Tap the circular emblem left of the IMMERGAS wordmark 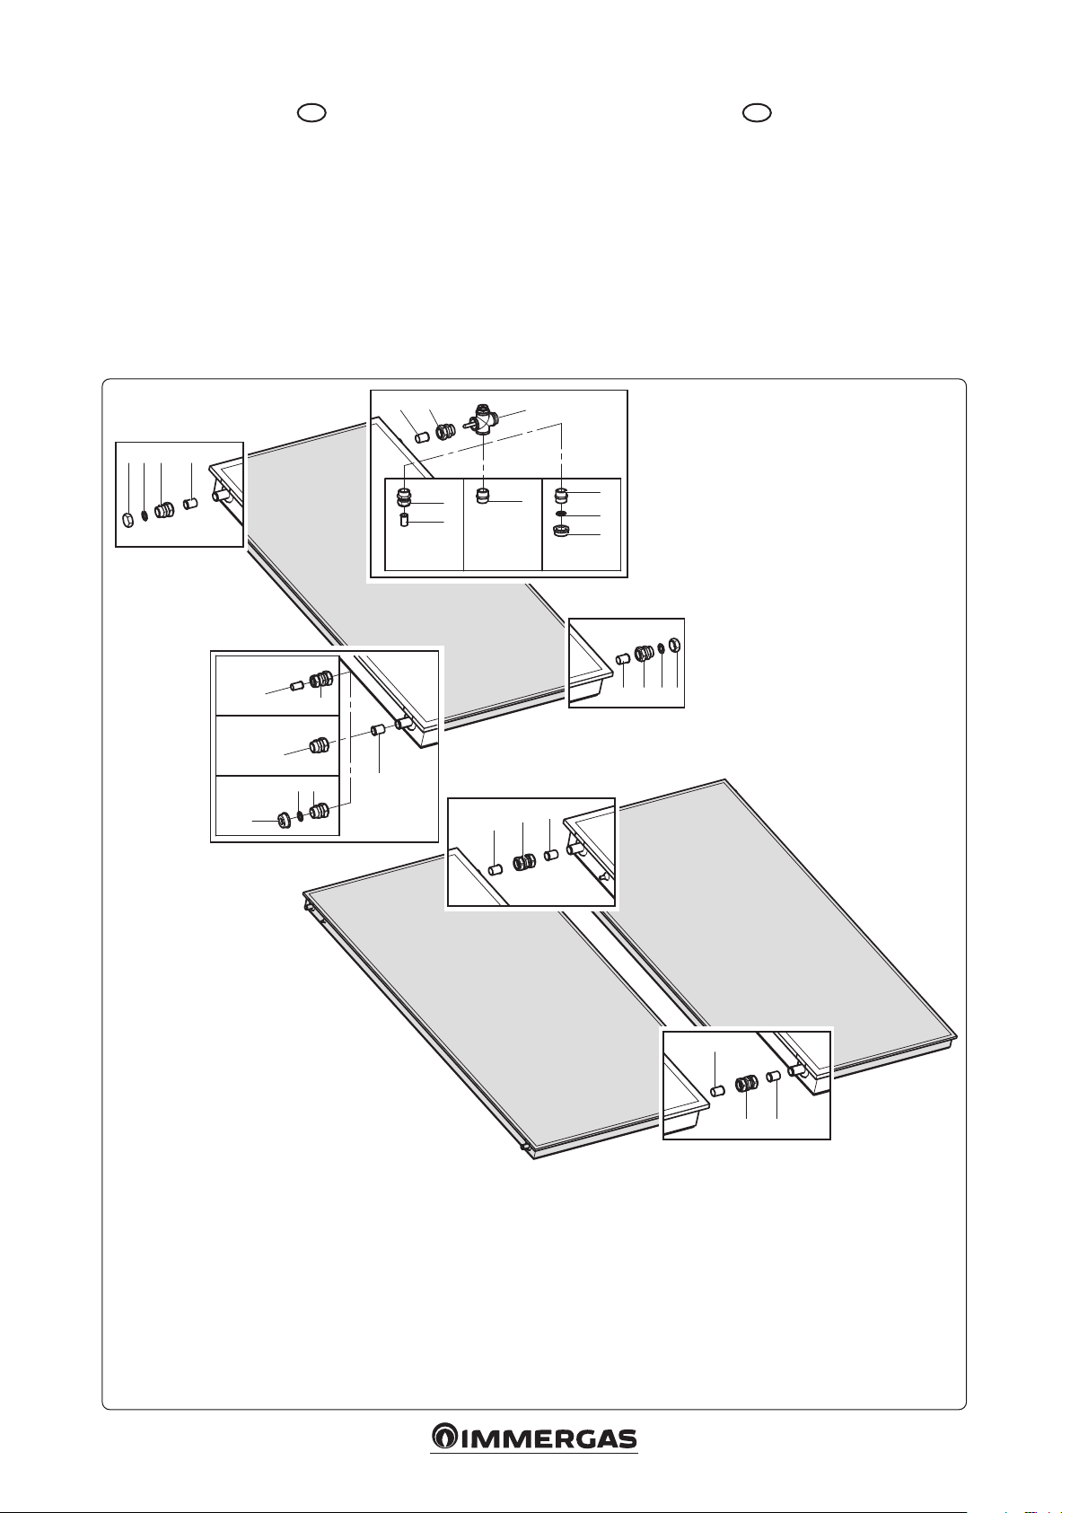(x=444, y=1458)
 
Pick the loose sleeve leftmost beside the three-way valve (x=422, y=439)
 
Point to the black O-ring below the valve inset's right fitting (x=561, y=514)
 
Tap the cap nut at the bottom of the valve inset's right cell (x=561, y=532)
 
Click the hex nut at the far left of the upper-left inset (x=128, y=519)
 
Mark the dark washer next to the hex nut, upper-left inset (x=145, y=516)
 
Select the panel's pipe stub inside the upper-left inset (x=222, y=497)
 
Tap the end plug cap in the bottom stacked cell (x=285, y=820)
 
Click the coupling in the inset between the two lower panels (x=524, y=863)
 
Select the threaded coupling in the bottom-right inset (x=747, y=1084)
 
